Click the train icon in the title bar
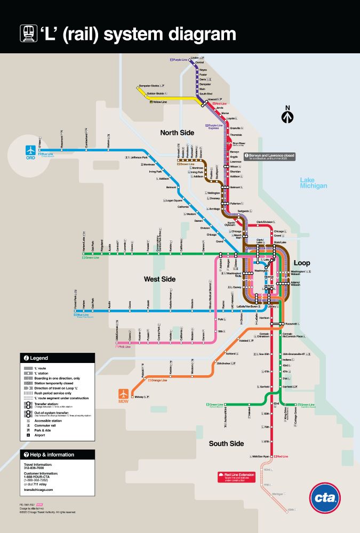click(28, 34)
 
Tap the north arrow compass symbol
click(287, 115)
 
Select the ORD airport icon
click(32, 149)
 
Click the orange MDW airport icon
click(124, 394)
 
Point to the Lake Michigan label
click(313, 183)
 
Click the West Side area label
click(159, 279)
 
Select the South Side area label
click(226, 443)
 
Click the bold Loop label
click(301, 263)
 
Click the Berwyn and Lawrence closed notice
click(269, 157)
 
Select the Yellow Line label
click(159, 101)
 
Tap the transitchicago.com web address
click(38, 489)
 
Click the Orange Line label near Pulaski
click(158, 380)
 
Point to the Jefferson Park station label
click(138, 158)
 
